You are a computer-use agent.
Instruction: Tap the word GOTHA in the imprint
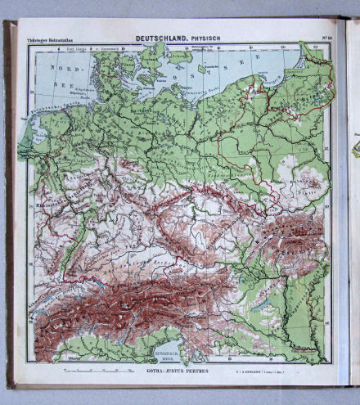click(x=155, y=371)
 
